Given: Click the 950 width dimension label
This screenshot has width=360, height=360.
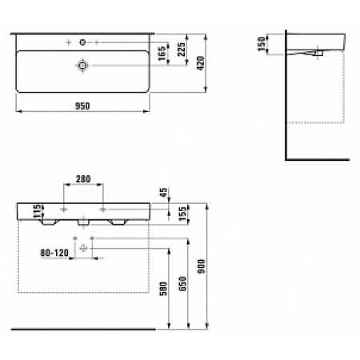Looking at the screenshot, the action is [82, 106].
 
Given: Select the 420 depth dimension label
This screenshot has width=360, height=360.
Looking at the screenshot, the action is [201, 63].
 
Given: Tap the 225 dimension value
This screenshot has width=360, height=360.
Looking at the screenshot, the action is [182, 50].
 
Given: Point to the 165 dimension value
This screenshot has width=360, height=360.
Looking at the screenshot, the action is [162, 54].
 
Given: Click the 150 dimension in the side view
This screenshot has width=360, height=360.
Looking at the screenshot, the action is [262, 44].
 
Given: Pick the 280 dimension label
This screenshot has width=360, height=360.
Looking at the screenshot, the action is [83, 179].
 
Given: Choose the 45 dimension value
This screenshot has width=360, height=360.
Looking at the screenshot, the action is [164, 192].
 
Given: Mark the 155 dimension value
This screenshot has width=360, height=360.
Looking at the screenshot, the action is [182, 214].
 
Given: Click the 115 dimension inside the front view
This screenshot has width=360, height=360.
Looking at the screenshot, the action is [38, 211].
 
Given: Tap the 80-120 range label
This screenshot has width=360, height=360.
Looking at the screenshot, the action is [54, 253].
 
